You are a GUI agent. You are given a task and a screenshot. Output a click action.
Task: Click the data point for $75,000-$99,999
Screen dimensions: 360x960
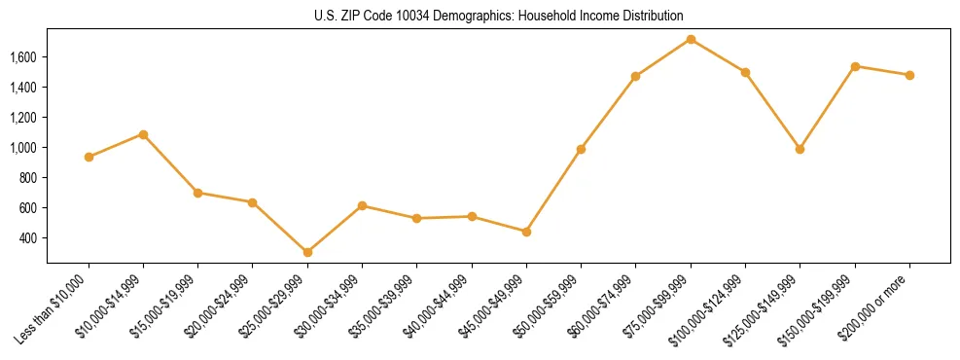click(x=691, y=39)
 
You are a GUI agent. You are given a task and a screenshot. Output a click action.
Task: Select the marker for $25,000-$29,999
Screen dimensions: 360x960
click(x=307, y=252)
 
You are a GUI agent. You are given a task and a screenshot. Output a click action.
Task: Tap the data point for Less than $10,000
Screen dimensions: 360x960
click(x=89, y=157)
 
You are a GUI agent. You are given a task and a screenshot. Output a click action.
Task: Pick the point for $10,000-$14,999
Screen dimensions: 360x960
click(x=143, y=134)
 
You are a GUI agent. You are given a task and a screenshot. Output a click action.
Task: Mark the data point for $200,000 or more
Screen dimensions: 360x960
click(x=909, y=75)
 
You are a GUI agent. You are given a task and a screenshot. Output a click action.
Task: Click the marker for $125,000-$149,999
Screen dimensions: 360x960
click(x=800, y=149)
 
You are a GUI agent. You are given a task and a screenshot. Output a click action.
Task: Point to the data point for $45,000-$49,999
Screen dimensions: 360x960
click(x=526, y=232)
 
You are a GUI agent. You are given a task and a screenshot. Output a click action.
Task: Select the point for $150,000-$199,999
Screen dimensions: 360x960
click(x=855, y=66)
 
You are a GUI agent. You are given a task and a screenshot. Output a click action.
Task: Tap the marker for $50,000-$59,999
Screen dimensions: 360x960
click(x=581, y=149)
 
